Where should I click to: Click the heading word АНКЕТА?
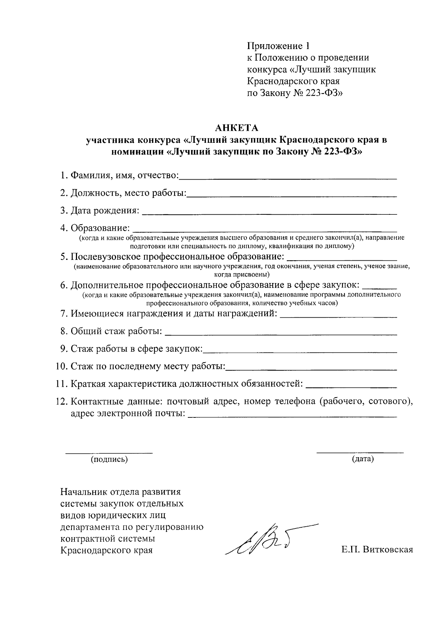tap(236, 128)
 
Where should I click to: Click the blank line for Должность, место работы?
tap(292, 196)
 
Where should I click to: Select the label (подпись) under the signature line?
tap(109, 459)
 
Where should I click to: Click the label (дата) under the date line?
tap(362, 459)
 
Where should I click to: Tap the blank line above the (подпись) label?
tap(109, 453)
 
